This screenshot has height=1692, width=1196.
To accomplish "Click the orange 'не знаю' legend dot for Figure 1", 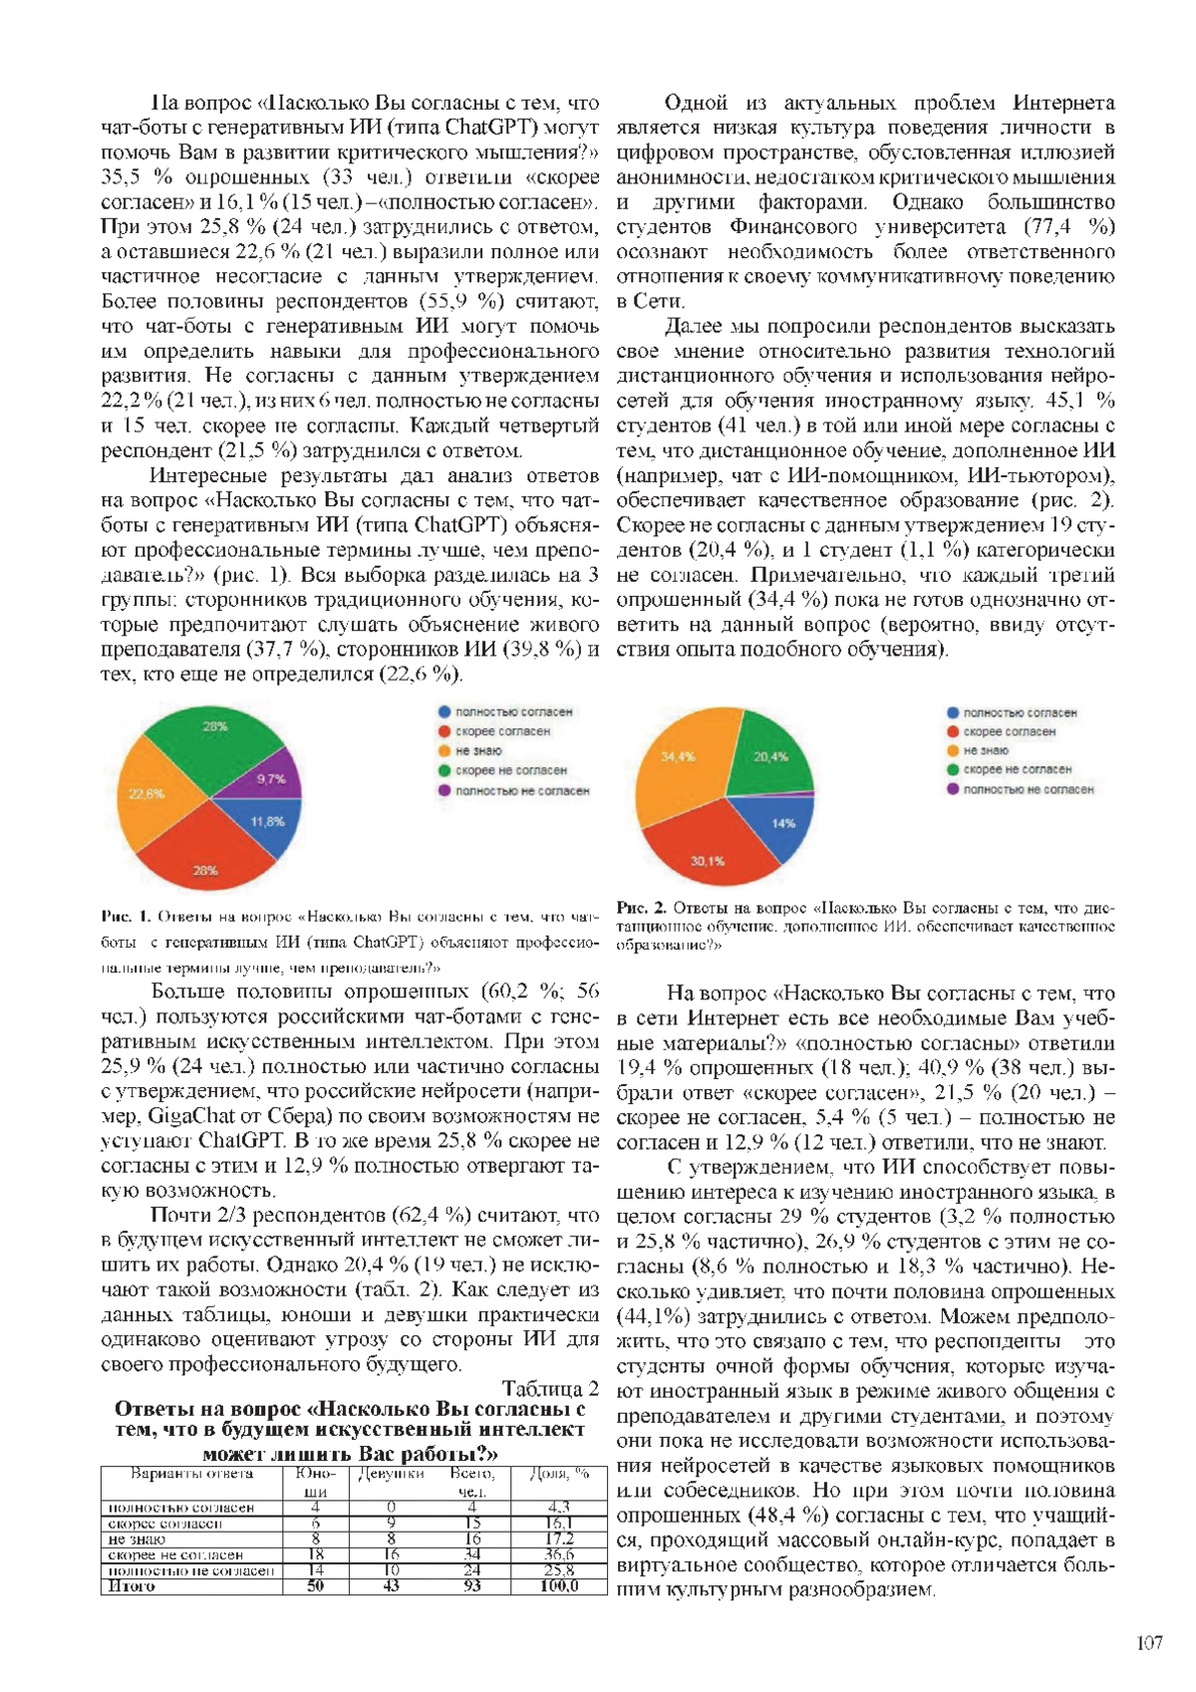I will coord(445,750).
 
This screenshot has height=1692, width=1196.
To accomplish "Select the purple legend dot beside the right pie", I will coord(954,789).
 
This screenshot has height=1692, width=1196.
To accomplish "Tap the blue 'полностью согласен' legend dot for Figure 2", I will coord(954,712).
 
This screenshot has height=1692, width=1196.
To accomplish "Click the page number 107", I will coord(1149,1643).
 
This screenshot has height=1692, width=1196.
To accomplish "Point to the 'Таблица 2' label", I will coord(550,1388).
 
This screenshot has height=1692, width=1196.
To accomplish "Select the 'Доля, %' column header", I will coord(558,1474).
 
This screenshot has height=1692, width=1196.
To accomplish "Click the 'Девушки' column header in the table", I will coord(392,1474).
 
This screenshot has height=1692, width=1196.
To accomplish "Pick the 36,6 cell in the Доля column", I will coord(558,1554).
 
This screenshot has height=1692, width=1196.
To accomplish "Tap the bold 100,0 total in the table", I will coord(558,1586).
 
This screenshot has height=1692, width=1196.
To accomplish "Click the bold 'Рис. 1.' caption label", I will coord(125,917).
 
